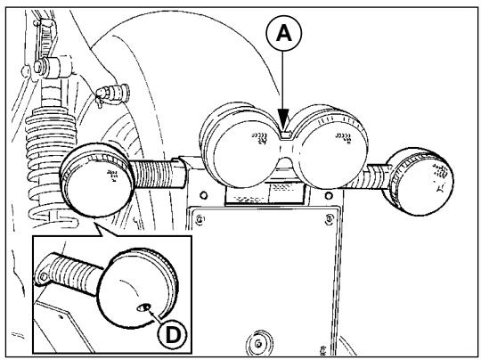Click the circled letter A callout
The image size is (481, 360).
click(284, 33)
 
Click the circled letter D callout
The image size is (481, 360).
click(173, 334)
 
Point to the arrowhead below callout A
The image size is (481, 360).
click(284, 119)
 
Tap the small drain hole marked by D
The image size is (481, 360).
click(143, 307)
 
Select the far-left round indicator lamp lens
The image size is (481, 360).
click(98, 181)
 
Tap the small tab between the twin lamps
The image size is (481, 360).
click(286, 135)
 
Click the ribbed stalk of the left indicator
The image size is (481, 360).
click(158, 175)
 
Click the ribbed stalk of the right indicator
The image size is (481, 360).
click(378, 177)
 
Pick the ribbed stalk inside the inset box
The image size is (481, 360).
click(75, 274)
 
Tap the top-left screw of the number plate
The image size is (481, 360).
click(200, 219)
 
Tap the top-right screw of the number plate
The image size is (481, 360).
click(330, 219)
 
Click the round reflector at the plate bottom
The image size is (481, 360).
click(259, 342)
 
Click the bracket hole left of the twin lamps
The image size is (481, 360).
click(203, 195)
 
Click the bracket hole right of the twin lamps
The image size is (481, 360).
click(329, 195)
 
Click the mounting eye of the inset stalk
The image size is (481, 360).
click(43, 277)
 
